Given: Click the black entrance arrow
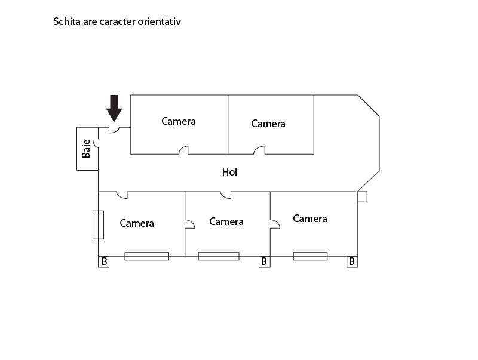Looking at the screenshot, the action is (114, 108).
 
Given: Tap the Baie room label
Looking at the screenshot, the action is (86, 149).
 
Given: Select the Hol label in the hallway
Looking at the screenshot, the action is (229, 172).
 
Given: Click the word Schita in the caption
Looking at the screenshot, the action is (67, 21).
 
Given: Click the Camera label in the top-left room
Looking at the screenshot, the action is (179, 121).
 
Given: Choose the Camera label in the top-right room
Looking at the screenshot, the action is (268, 124).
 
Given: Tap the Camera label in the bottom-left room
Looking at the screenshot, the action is (137, 223).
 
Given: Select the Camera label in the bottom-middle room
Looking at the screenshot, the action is (226, 221).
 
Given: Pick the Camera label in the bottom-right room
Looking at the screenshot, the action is (310, 219).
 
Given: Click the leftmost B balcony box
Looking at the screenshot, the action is (103, 262).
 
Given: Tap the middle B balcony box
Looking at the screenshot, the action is (265, 262).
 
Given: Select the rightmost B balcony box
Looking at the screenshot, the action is (353, 262).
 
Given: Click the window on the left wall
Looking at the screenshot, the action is (98, 224).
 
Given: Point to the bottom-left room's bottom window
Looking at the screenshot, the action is (146, 256).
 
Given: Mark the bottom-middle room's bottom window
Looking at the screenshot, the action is (219, 256).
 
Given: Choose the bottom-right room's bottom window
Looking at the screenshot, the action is (310, 256).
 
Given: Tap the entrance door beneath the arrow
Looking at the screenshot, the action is (115, 131).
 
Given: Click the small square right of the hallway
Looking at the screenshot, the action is (363, 197).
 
